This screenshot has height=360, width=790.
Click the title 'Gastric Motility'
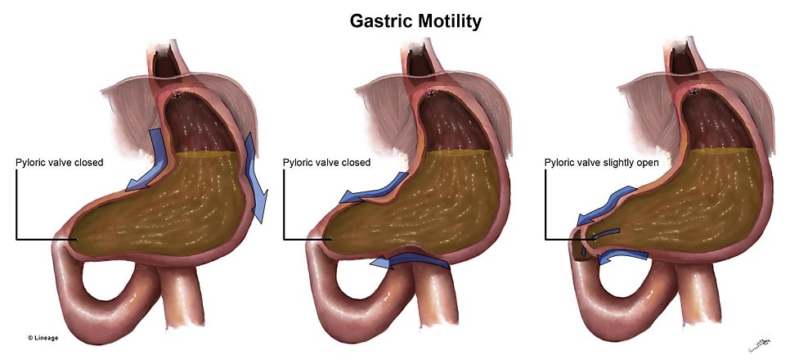coord(415,21)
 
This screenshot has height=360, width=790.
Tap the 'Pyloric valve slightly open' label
coord(601,163)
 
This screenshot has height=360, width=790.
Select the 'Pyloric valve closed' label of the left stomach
coord(59,162)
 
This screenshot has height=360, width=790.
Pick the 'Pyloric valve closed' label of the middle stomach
coord(326,162)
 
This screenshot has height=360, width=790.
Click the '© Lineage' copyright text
coord(43,338)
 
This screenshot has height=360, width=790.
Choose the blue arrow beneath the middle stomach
coord(408,260)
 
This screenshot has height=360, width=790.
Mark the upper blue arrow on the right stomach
coord(607,205)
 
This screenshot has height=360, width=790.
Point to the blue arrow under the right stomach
coord(622,256)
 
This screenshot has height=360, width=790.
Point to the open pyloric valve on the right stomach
coord(582,245)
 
